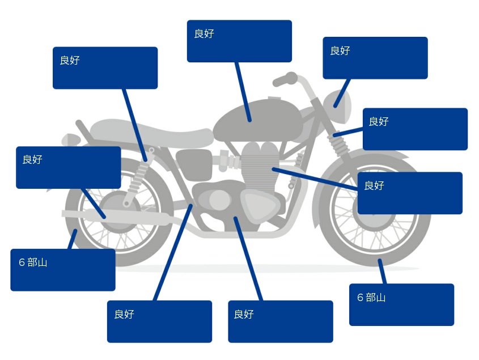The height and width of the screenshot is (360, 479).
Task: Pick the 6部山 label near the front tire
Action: point(401,304)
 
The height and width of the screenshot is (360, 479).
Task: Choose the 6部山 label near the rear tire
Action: point(62,270)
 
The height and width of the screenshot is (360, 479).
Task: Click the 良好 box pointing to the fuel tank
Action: point(239,41)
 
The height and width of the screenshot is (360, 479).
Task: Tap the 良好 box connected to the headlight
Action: point(375,58)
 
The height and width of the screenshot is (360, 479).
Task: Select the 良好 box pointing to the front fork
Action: point(415,129)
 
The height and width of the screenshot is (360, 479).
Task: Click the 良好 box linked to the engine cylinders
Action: point(409,193)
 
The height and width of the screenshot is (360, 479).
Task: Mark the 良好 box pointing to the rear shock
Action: point(105,67)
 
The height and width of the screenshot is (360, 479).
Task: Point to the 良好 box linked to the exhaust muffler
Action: point(68,167)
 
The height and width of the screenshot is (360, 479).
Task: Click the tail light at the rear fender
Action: point(70,139)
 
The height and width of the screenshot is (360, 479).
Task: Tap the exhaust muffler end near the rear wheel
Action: point(74,214)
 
